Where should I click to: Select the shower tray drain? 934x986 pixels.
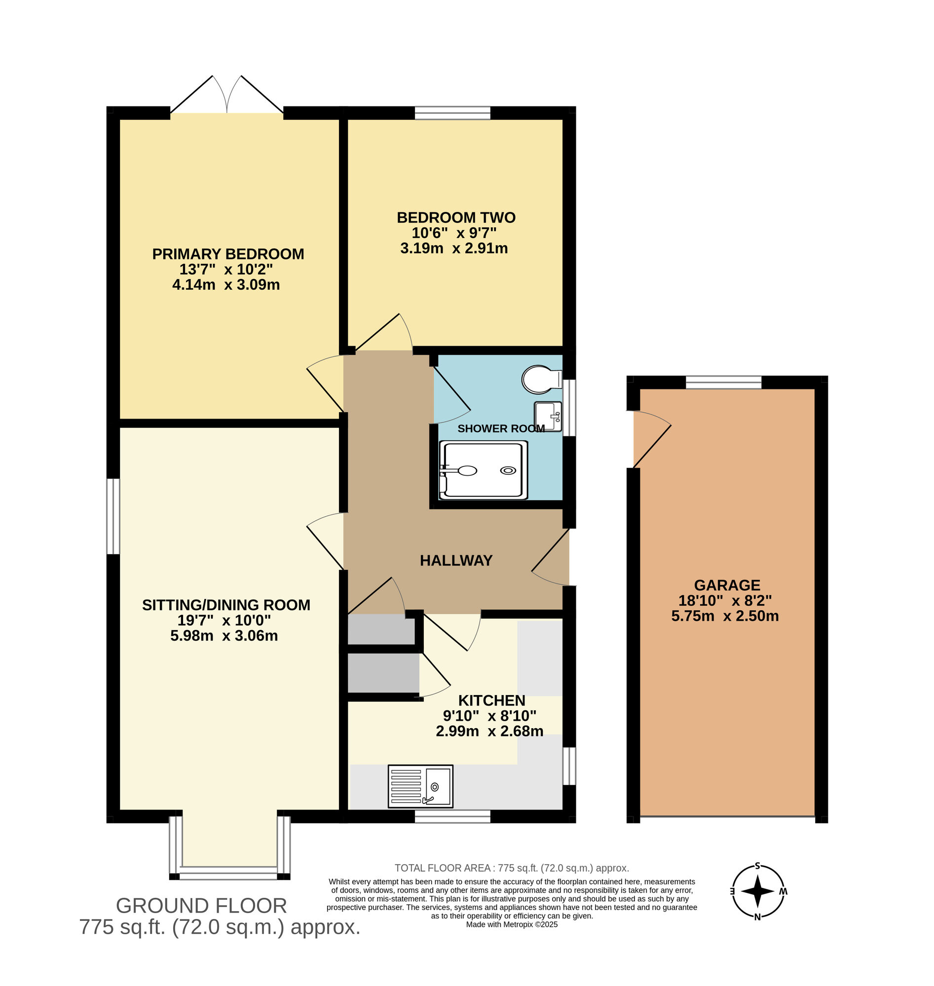pyautogui.click(x=508, y=471)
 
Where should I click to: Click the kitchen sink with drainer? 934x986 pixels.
pyautogui.click(x=420, y=786)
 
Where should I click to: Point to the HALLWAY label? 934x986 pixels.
pyautogui.click(x=455, y=561)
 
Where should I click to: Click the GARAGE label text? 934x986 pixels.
pyautogui.click(x=727, y=585)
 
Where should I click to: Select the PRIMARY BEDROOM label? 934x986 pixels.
pyautogui.click(x=228, y=254)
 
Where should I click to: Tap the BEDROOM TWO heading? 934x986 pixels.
pyautogui.click(x=455, y=217)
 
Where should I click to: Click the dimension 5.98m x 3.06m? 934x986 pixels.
pyautogui.click(x=224, y=636)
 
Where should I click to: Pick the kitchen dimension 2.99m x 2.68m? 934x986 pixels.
pyautogui.click(x=489, y=731)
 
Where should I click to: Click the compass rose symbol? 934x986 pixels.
pyautogui.click(x=757, y=891)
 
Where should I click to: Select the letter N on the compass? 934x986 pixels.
pyautogui.click(x=757, y=917)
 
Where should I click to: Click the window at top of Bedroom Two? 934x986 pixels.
pyautogui.click(x=452, y=113)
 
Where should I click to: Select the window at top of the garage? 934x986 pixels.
pyautogui.click(x=723, y=383)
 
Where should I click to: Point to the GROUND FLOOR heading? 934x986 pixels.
pyautogui.click(x=201, y=906)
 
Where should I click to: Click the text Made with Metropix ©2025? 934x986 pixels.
pyautogui.click(x=511, y=924)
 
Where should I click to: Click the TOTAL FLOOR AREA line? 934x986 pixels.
pyautogui.click(x=511, y=868)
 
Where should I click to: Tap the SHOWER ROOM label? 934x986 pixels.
pyautogui.click(x=500, y=428)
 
